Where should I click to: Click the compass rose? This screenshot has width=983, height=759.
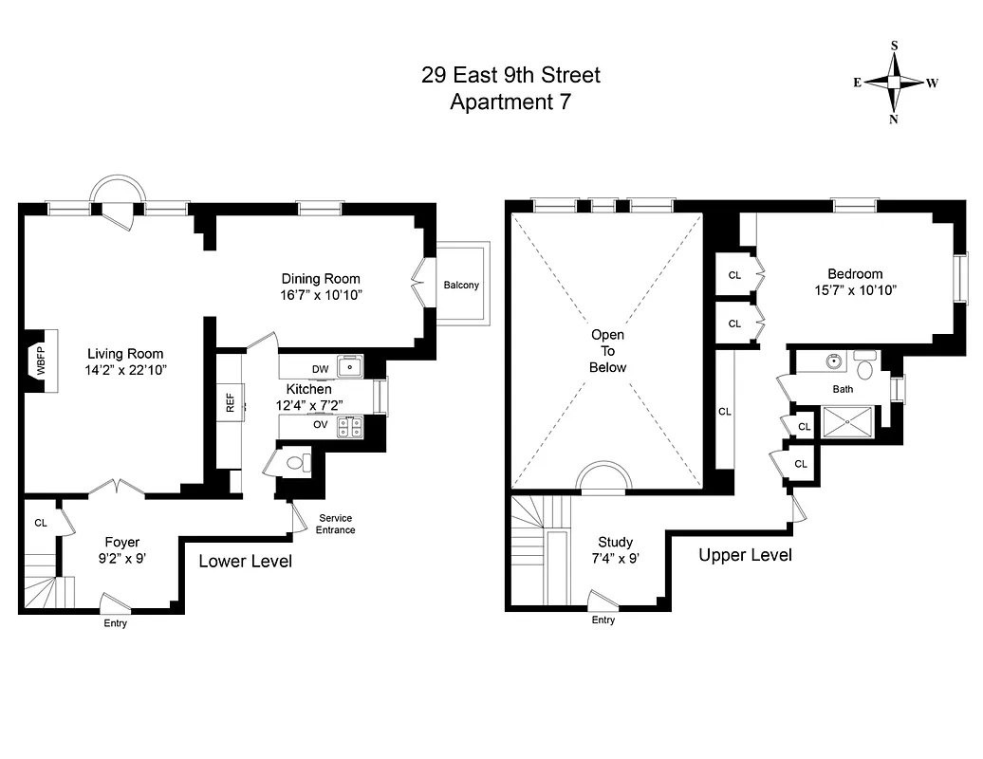tap(894, 83)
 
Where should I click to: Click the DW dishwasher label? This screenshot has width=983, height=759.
tap(320, 369)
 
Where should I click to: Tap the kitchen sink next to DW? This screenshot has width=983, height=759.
tap(350, 363)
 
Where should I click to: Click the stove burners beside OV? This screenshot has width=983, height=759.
tap(351, 428)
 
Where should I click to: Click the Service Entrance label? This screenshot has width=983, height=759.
tap(336, 524)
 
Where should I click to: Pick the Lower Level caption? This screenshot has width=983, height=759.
tap(245, 562)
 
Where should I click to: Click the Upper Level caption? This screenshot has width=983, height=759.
tap(745, 555)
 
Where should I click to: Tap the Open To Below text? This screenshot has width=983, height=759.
tap(608, 351)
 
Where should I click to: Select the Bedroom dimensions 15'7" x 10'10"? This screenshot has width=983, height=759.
tap(856, 291)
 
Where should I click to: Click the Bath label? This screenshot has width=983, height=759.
tap(843, 389)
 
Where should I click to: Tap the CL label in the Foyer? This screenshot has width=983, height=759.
tap(41, 523)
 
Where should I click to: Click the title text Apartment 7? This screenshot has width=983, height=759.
tap(510, 101)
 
